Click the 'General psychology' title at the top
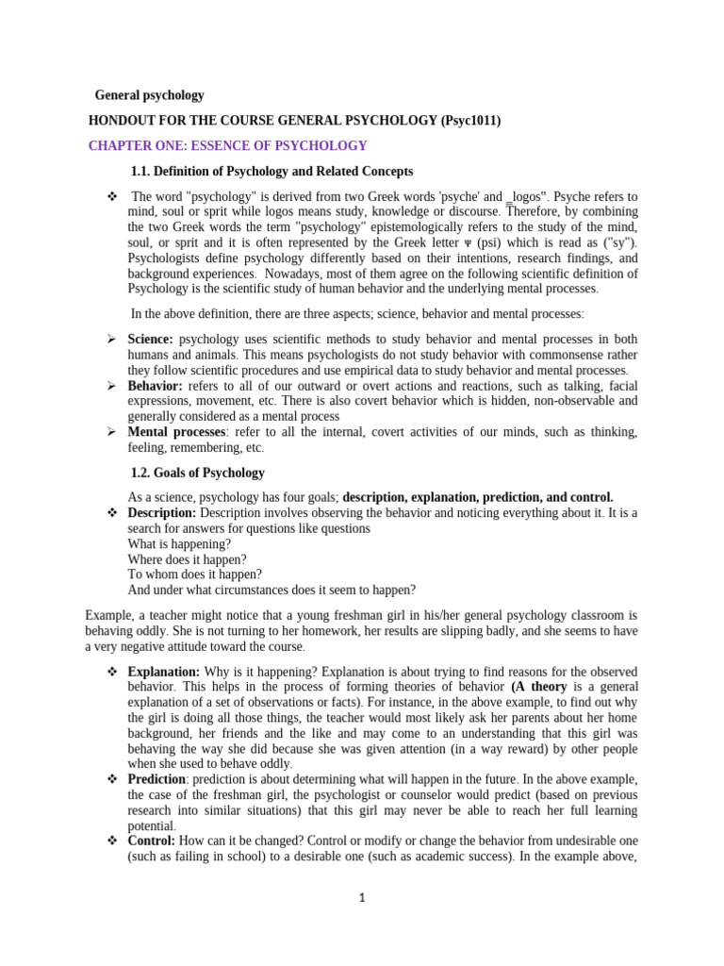tap(149, 95)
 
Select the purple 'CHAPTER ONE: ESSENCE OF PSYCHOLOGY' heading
tap(227, 145)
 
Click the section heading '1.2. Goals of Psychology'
tap(198, 473)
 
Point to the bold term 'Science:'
tap(151, 340)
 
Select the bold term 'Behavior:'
tap(156, 386)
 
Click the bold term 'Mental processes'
tap(176, 431)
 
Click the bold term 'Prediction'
tap(156, 779)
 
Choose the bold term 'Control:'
tap(151, 841)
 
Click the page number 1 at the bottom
tap(361, 898)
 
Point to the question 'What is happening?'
tap(178, 543)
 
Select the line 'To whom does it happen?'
tap(194, 574)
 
